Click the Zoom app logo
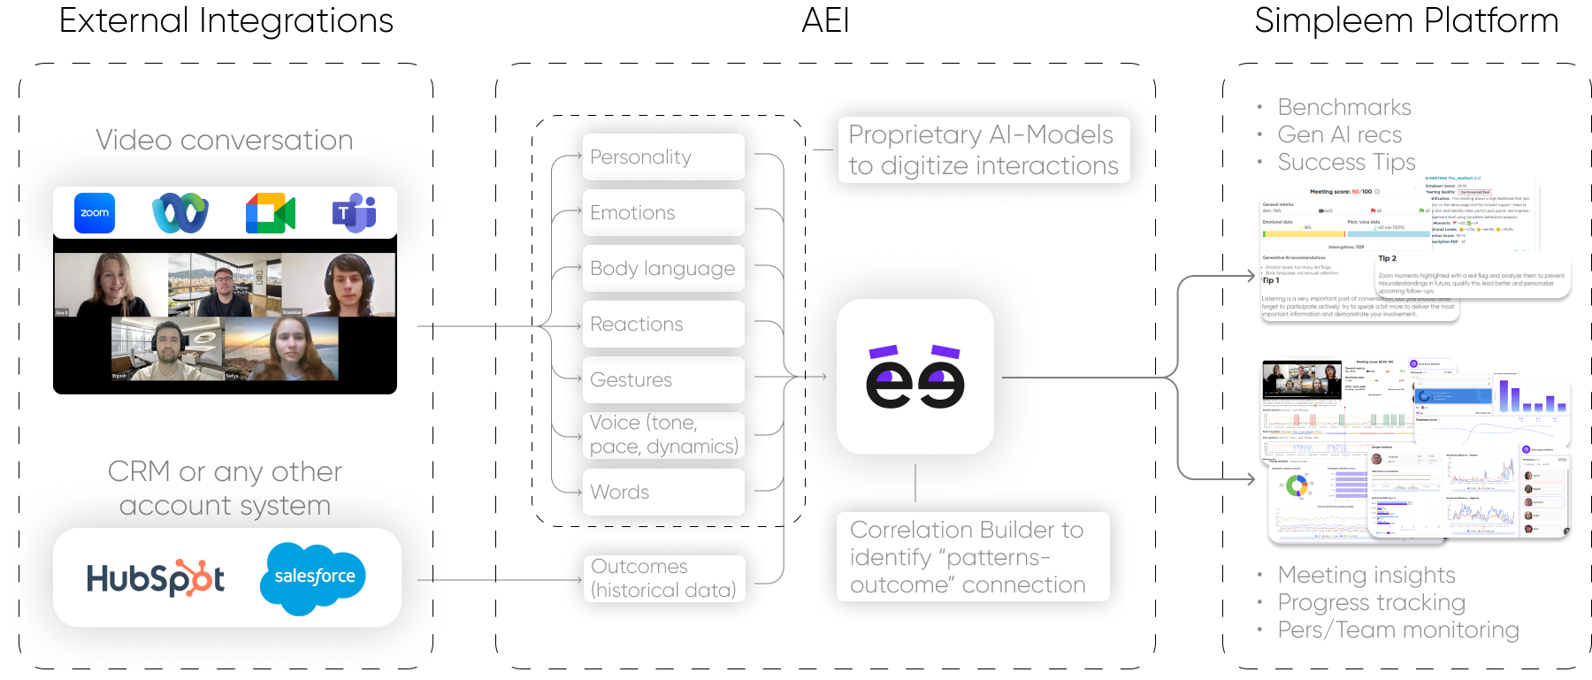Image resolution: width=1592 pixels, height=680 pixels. pos(95,213)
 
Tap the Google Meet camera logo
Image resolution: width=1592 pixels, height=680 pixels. pos(270,214)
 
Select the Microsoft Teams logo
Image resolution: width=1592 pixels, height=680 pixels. pos(354,213)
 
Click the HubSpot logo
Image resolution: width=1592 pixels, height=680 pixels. pos(156,578)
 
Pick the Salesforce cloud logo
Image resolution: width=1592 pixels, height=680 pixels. pos(313,577)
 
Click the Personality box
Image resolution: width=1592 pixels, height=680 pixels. pos(663,157)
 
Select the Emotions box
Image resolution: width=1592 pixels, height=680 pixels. pos(663,213)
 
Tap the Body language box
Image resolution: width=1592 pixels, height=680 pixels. pos(663,269)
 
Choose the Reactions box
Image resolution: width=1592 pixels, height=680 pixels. pos(663,325)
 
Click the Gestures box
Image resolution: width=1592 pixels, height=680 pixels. pos(663,380)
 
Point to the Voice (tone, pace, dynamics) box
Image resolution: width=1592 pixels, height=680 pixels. pos(663,435)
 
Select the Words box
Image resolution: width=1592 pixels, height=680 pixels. pos(663,492)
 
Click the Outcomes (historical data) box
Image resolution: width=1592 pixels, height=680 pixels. pos(663,578)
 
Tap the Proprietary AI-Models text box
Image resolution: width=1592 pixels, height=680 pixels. pos(984,150)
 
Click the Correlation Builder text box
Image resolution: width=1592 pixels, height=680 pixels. pos(971,557)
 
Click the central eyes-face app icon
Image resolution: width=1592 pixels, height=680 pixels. pos(915,377)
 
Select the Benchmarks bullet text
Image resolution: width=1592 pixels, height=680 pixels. pos(1343,108)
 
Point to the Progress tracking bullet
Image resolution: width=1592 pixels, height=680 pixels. pos(1371,603)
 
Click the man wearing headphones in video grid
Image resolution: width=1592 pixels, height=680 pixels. pos(348,285)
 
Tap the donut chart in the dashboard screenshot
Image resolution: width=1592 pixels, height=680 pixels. pos(1297,485)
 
